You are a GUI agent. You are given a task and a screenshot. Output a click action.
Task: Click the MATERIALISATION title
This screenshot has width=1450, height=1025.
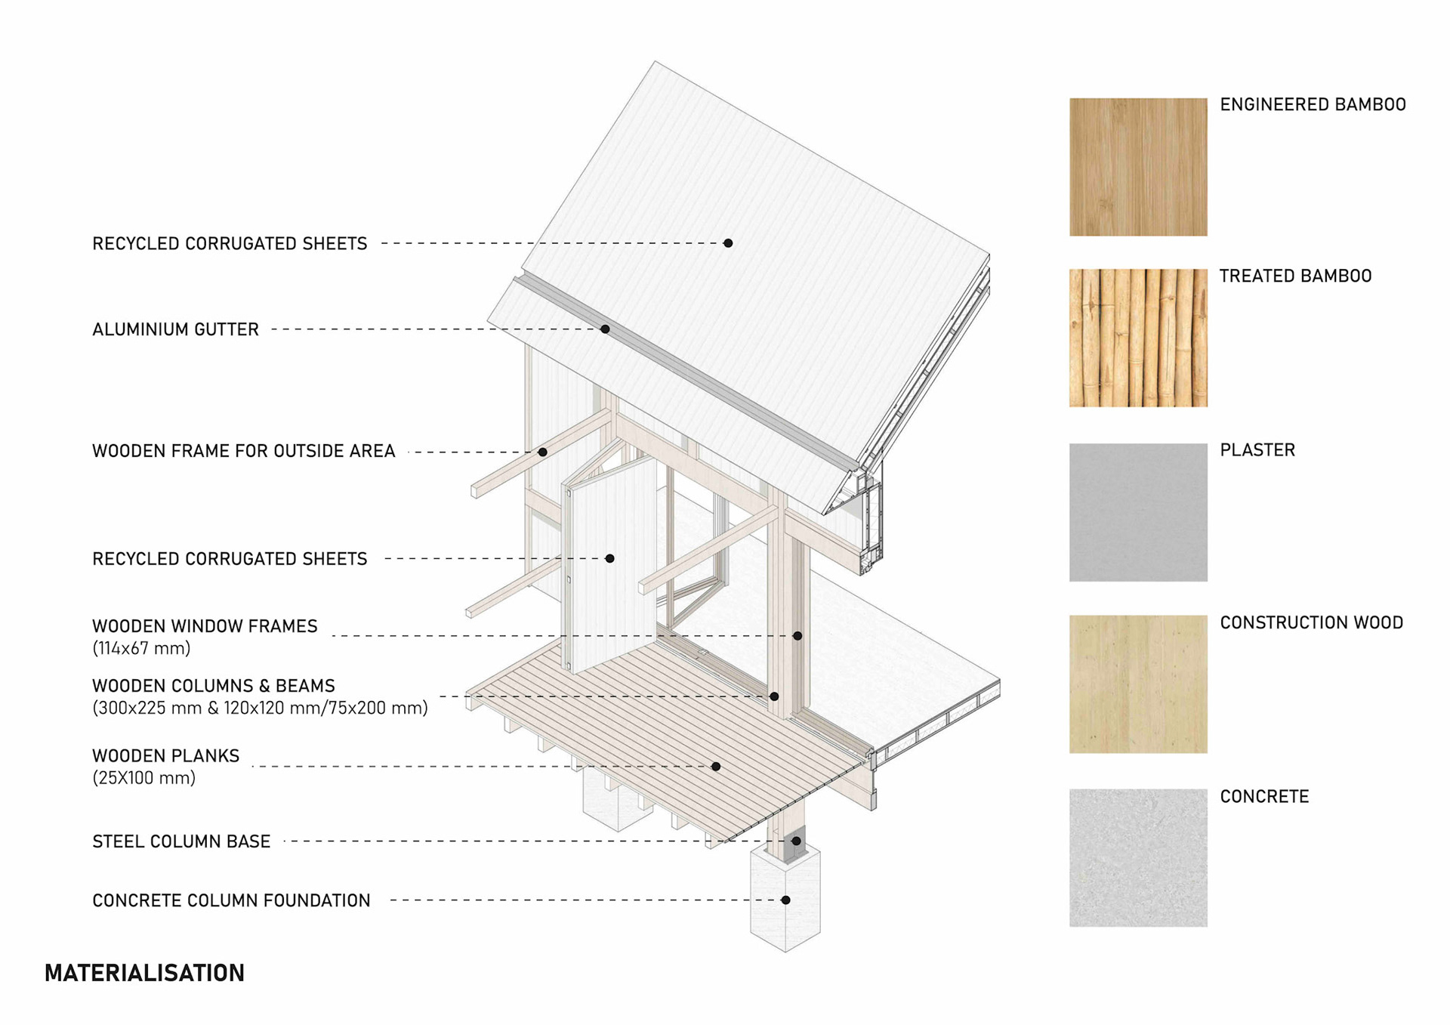pyautogui.click(x=144, y=973)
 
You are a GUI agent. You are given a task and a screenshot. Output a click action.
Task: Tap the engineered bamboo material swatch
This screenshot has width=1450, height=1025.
pyautogui.click(x=1137, y=167)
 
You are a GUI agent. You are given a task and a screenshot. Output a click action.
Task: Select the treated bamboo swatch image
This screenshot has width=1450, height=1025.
pyautogui.click(x=1137, y=338)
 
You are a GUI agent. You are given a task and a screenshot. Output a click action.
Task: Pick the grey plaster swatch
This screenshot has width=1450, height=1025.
pyautogui.click(x=1137, y=512)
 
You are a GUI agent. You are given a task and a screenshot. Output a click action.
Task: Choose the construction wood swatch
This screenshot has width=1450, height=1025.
pyautogui.click(x=1137, y=684)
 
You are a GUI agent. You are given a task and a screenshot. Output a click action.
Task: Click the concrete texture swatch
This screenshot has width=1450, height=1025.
pyautogui.click(x=1137, y=857)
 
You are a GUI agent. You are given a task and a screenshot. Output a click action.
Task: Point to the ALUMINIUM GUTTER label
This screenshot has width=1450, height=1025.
pyautogui.click(x=175, y=329)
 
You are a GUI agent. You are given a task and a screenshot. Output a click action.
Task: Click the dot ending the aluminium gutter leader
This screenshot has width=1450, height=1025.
pyautogui.click(x=605, y=329)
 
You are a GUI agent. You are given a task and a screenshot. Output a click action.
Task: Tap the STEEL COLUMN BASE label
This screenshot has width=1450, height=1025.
pyautogui.click(x=181, y=841)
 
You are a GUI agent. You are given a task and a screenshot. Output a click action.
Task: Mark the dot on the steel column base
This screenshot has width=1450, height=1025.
pyautogui.click(x=796, y=841)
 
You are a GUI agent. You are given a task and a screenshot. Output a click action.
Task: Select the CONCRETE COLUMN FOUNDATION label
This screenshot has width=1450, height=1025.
pyautogui.click(x=231, y=900)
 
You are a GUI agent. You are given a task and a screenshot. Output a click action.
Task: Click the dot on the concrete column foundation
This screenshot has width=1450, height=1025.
pyautogui.click(x=785, y=900)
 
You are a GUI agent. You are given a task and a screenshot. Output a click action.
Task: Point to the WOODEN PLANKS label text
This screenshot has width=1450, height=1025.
pyautogui.click(x=165, y=756)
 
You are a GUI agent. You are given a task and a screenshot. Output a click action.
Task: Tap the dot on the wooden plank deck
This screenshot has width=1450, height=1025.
pyautogui.click(x=716, y=767)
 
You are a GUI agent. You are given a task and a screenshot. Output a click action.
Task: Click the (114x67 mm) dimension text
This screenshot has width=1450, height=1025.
pyautogui.click(x=141, y=648)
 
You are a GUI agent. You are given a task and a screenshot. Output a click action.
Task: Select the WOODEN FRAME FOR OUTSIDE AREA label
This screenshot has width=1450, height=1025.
pyautogui.click(x=243, y=451)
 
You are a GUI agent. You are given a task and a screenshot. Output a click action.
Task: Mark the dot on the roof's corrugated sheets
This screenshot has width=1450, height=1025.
pyautogui.click(x=728, y=243)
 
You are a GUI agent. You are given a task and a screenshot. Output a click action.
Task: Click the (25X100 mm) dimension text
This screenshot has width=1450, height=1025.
pyautogui.click(x=143, y=778)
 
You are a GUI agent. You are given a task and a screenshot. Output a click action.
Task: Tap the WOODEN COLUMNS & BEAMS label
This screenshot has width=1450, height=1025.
pyautogui.click(x=213, y=686)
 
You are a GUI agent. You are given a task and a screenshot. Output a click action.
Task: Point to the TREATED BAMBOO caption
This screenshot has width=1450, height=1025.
pyautogui.click(x=1295, y=276)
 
